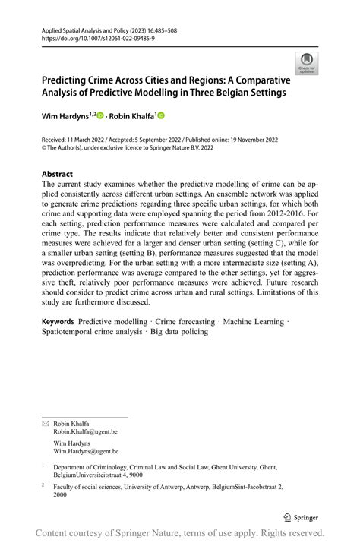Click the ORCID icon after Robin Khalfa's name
[x=161, y=117]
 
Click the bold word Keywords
[x=58, y=322]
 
